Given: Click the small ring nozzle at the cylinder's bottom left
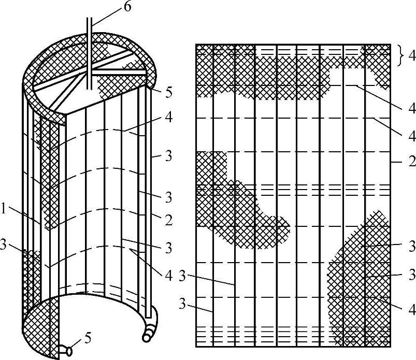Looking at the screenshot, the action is click(x=68, y=351).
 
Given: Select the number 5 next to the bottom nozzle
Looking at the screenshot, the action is click(x=88, y=339).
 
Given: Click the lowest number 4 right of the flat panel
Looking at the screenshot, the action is click(x=412, y=310).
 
